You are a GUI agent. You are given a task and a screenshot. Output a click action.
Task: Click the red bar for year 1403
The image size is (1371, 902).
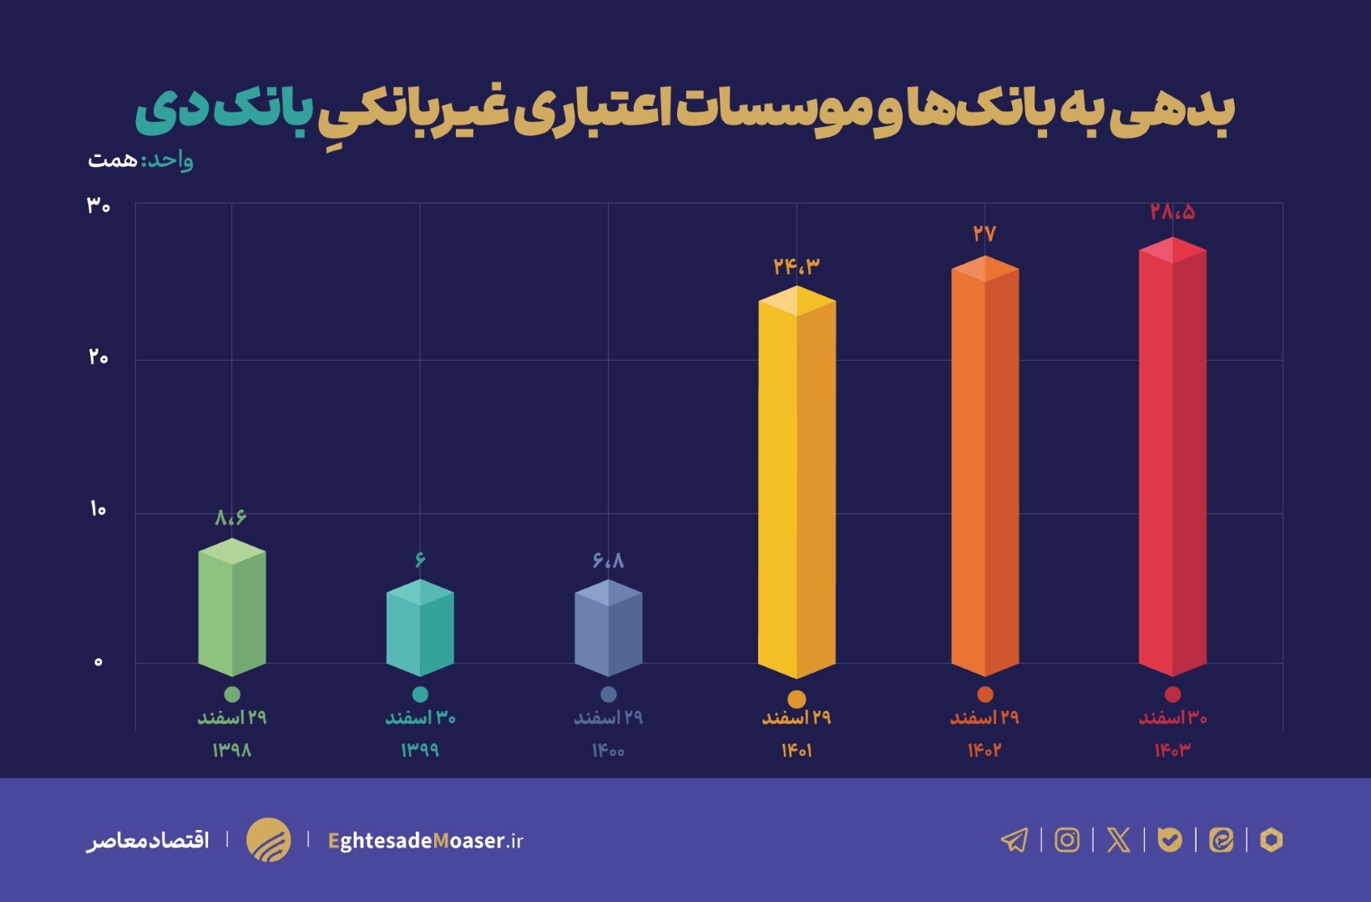pos(1172,459)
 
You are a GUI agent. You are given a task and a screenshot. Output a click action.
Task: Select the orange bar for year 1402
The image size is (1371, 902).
pos(984,468)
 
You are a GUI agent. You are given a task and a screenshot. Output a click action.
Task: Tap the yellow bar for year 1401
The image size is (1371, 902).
pos(797,484)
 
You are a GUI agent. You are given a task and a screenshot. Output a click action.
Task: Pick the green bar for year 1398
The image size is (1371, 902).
pos(232,610)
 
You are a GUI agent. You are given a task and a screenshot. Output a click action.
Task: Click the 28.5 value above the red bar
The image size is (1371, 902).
pos(1172,212)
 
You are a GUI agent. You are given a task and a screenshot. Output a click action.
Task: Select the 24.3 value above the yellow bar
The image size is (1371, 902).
pos(797,266)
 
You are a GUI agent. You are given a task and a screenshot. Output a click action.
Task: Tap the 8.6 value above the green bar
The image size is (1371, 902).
pos(230,518)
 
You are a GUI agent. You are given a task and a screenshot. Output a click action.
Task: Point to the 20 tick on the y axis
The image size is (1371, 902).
pos(98,357)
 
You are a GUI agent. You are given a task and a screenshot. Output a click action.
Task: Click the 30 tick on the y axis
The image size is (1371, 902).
pos(98,205)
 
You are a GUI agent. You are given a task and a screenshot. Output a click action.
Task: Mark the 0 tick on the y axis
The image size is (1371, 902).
pos(98,662)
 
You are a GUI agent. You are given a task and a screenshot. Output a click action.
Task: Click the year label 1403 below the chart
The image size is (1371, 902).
pos(1172,751)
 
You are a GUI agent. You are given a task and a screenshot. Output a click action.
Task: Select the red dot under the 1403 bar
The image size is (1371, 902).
pos(1172,694)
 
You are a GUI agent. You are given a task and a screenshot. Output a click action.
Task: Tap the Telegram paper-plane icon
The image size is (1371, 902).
pos(1014,839)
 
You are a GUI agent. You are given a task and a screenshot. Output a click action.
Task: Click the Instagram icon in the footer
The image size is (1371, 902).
pos(1067,839)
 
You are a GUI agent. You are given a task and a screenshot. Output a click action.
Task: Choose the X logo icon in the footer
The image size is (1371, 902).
pos(1118,839)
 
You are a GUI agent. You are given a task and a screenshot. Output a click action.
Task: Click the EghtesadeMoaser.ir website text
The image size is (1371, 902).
pos(426,840)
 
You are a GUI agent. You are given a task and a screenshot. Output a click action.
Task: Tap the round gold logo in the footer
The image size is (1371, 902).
pos(268,839)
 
